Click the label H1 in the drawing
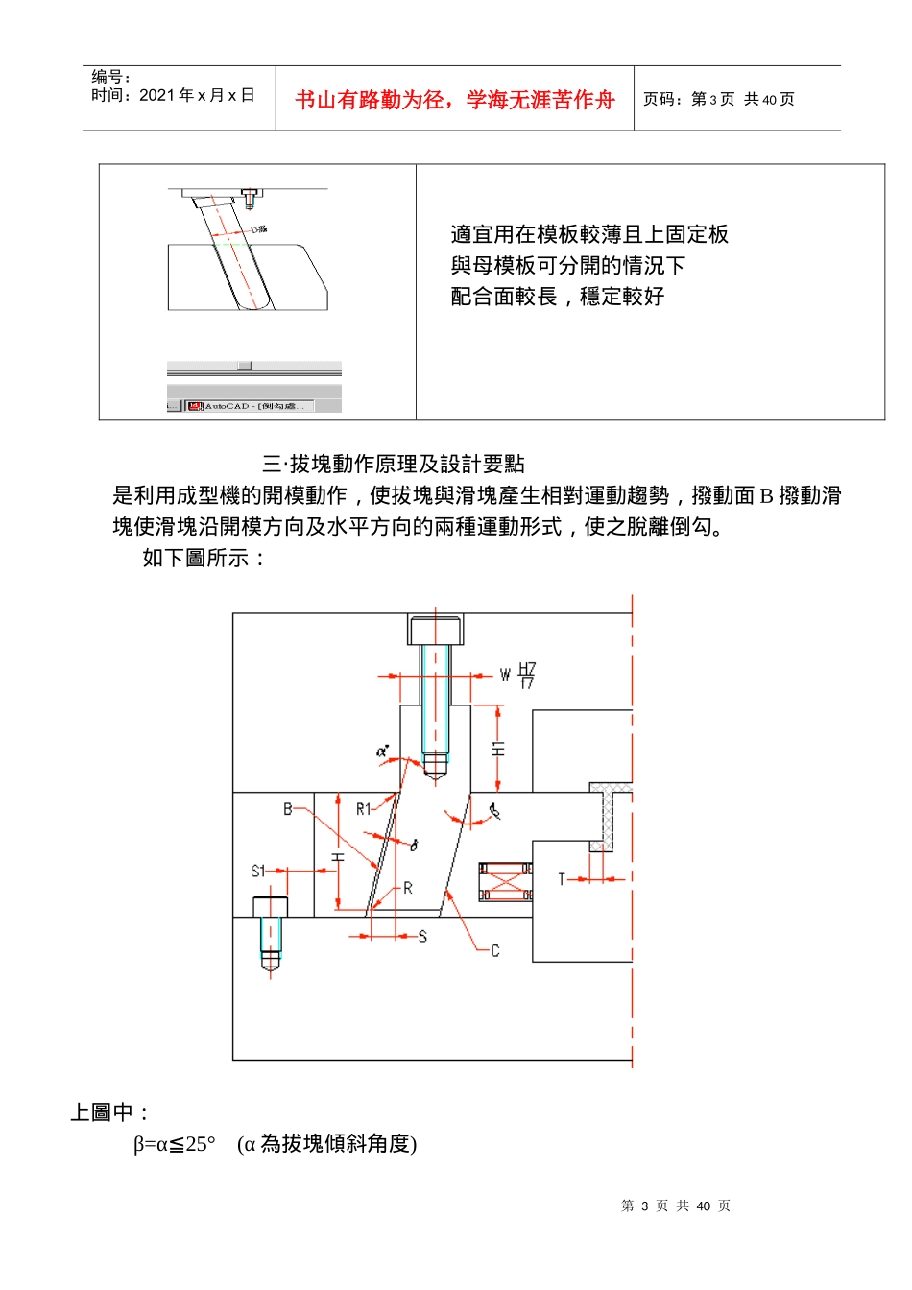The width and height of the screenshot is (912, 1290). tap(498, 748)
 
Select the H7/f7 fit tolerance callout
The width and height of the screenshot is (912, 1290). tap(527, 676)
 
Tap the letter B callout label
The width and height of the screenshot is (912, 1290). tap(287, 809)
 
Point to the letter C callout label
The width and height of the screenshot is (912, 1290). tap(494, 950)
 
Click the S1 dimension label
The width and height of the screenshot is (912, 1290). tap(257, 871)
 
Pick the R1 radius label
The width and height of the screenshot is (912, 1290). tap(363, 809)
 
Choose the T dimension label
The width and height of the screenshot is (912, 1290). tap(563, 878)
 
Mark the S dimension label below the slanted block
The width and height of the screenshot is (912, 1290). tap(422, 936)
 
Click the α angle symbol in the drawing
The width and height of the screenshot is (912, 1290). tap(382, 752)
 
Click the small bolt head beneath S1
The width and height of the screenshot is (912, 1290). tap(270, 906)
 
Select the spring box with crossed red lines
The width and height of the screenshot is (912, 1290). tap(506, 882)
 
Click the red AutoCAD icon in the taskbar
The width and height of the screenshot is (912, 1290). tap(195, 406)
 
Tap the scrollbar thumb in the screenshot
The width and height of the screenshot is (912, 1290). tap(245, 366)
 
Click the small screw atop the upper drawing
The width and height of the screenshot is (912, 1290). tap(250, 199)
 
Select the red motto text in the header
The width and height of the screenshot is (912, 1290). tap(454, 100)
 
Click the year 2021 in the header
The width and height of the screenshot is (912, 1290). tap(156, 95)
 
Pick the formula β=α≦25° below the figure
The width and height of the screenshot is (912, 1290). tap(175, 1144)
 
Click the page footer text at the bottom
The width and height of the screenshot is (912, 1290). tap(675, 1206)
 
